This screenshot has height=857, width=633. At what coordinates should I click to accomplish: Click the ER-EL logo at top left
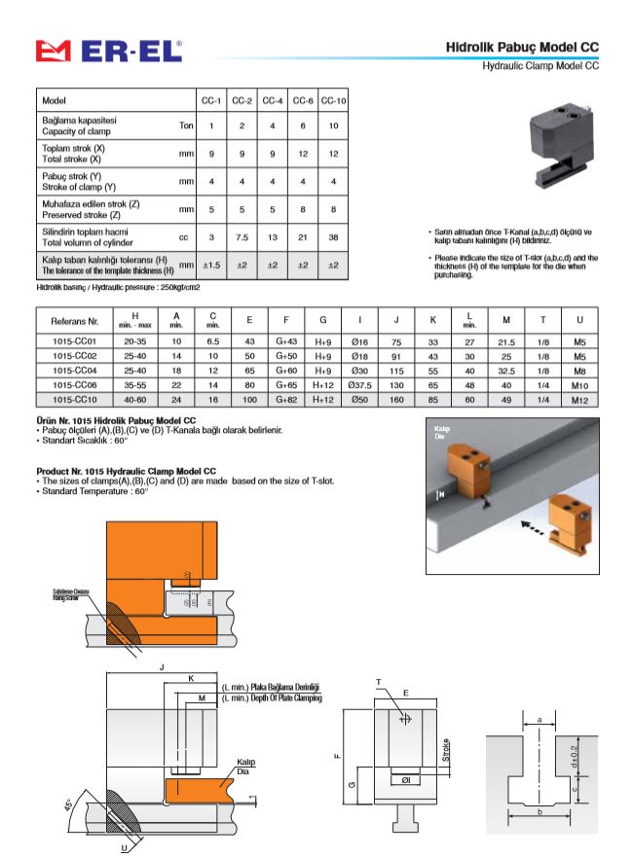(x=107, y=51)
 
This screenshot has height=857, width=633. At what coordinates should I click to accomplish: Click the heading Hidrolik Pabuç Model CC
(x=522, y=47)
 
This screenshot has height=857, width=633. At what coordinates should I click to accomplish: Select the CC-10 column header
(x=333, y=101)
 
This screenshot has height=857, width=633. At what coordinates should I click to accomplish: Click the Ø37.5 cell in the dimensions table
(x=360, y=384)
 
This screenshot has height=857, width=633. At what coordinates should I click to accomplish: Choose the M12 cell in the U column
(x=580, y=399)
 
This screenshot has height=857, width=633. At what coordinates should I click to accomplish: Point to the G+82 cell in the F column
(x=285, y=399)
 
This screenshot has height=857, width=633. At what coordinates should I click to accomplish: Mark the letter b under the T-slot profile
(x=538, y=809)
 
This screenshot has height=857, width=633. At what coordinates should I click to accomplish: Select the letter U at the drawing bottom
(x=124, y=846)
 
